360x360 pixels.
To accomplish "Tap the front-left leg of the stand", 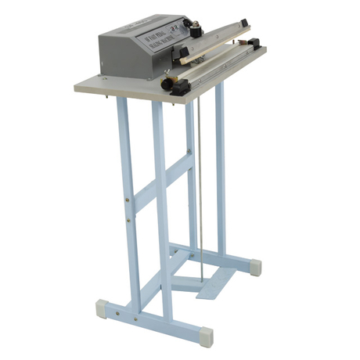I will tap(128, 196).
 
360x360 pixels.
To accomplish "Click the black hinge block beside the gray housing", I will tap(185, 56).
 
